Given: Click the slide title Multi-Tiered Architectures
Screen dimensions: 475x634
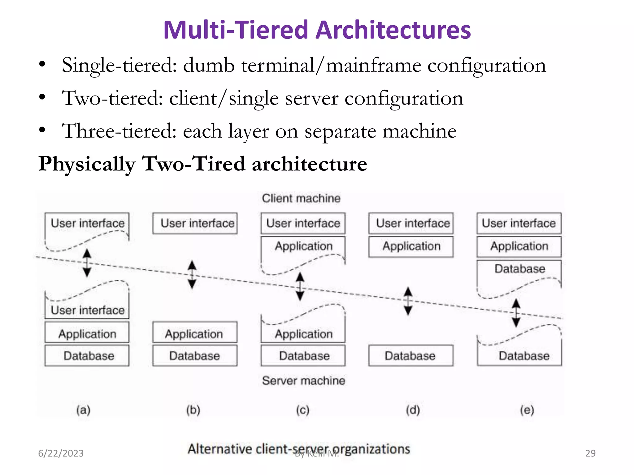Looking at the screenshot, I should (317, 30).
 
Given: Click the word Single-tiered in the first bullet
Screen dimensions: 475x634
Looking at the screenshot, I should (119, 66).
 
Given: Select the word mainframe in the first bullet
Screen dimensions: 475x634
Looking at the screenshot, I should (373, 66).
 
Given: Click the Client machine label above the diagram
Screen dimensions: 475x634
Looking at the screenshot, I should (301, 198).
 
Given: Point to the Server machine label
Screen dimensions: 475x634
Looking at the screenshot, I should (303, 380).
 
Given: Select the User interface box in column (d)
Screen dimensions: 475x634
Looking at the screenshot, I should (411, 223).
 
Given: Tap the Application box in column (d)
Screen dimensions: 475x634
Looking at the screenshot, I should (411, 246).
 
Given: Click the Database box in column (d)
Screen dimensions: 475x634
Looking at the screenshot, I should (411, 356).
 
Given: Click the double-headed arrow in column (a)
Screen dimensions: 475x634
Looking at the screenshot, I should (87, 263).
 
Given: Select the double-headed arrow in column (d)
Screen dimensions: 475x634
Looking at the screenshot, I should (408, 301).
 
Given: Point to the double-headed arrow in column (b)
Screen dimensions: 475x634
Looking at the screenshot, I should (192, 275).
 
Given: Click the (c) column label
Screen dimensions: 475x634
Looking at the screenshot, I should (302, 410).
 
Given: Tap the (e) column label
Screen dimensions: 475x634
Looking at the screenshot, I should (527, 410).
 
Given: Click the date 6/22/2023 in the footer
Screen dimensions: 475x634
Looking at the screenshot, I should (61, 453).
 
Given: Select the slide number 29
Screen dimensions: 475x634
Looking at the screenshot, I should (590, 453).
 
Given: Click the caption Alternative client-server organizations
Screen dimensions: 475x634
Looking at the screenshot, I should (299, 448).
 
